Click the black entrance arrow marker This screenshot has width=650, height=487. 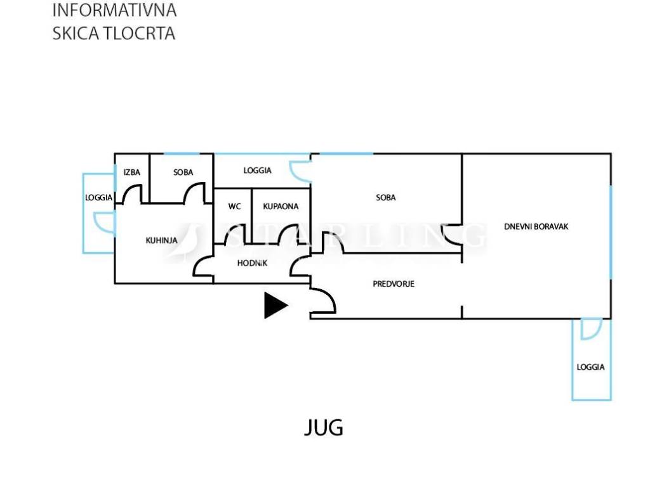tap(274, 305)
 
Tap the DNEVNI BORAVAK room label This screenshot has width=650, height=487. tap(536, 226)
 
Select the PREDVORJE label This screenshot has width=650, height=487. tap(393, 283)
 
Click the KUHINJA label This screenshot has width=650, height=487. tap(161, 240)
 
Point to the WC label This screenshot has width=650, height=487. tap(234, 206)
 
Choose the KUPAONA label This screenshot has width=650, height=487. tap(281, 206)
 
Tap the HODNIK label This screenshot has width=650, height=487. tap(252, 263)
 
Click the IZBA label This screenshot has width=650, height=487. tap(132, 172)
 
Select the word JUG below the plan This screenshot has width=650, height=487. tap(324, 428)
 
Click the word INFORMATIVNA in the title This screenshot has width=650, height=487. tap(114, 11)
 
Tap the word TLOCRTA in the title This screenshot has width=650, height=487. tap(144, 34)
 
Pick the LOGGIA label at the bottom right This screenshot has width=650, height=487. tap(590, 367)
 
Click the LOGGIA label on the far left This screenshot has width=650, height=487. tap(99, 197)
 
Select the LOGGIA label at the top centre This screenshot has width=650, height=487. tap(258, 171)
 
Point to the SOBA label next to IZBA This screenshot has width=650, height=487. tap(183, 172)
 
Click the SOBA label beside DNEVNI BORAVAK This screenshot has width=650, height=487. tap(385, 197)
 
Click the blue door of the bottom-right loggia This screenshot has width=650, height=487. tap(590, 328)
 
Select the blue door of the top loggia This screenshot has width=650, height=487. tap(298, 170)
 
